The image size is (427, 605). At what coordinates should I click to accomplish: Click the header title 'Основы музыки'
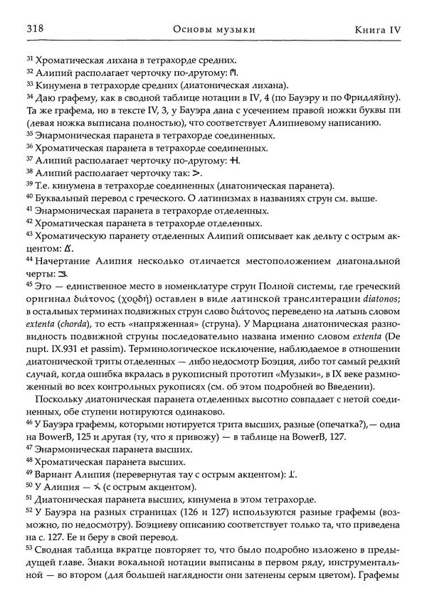(214, 29)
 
